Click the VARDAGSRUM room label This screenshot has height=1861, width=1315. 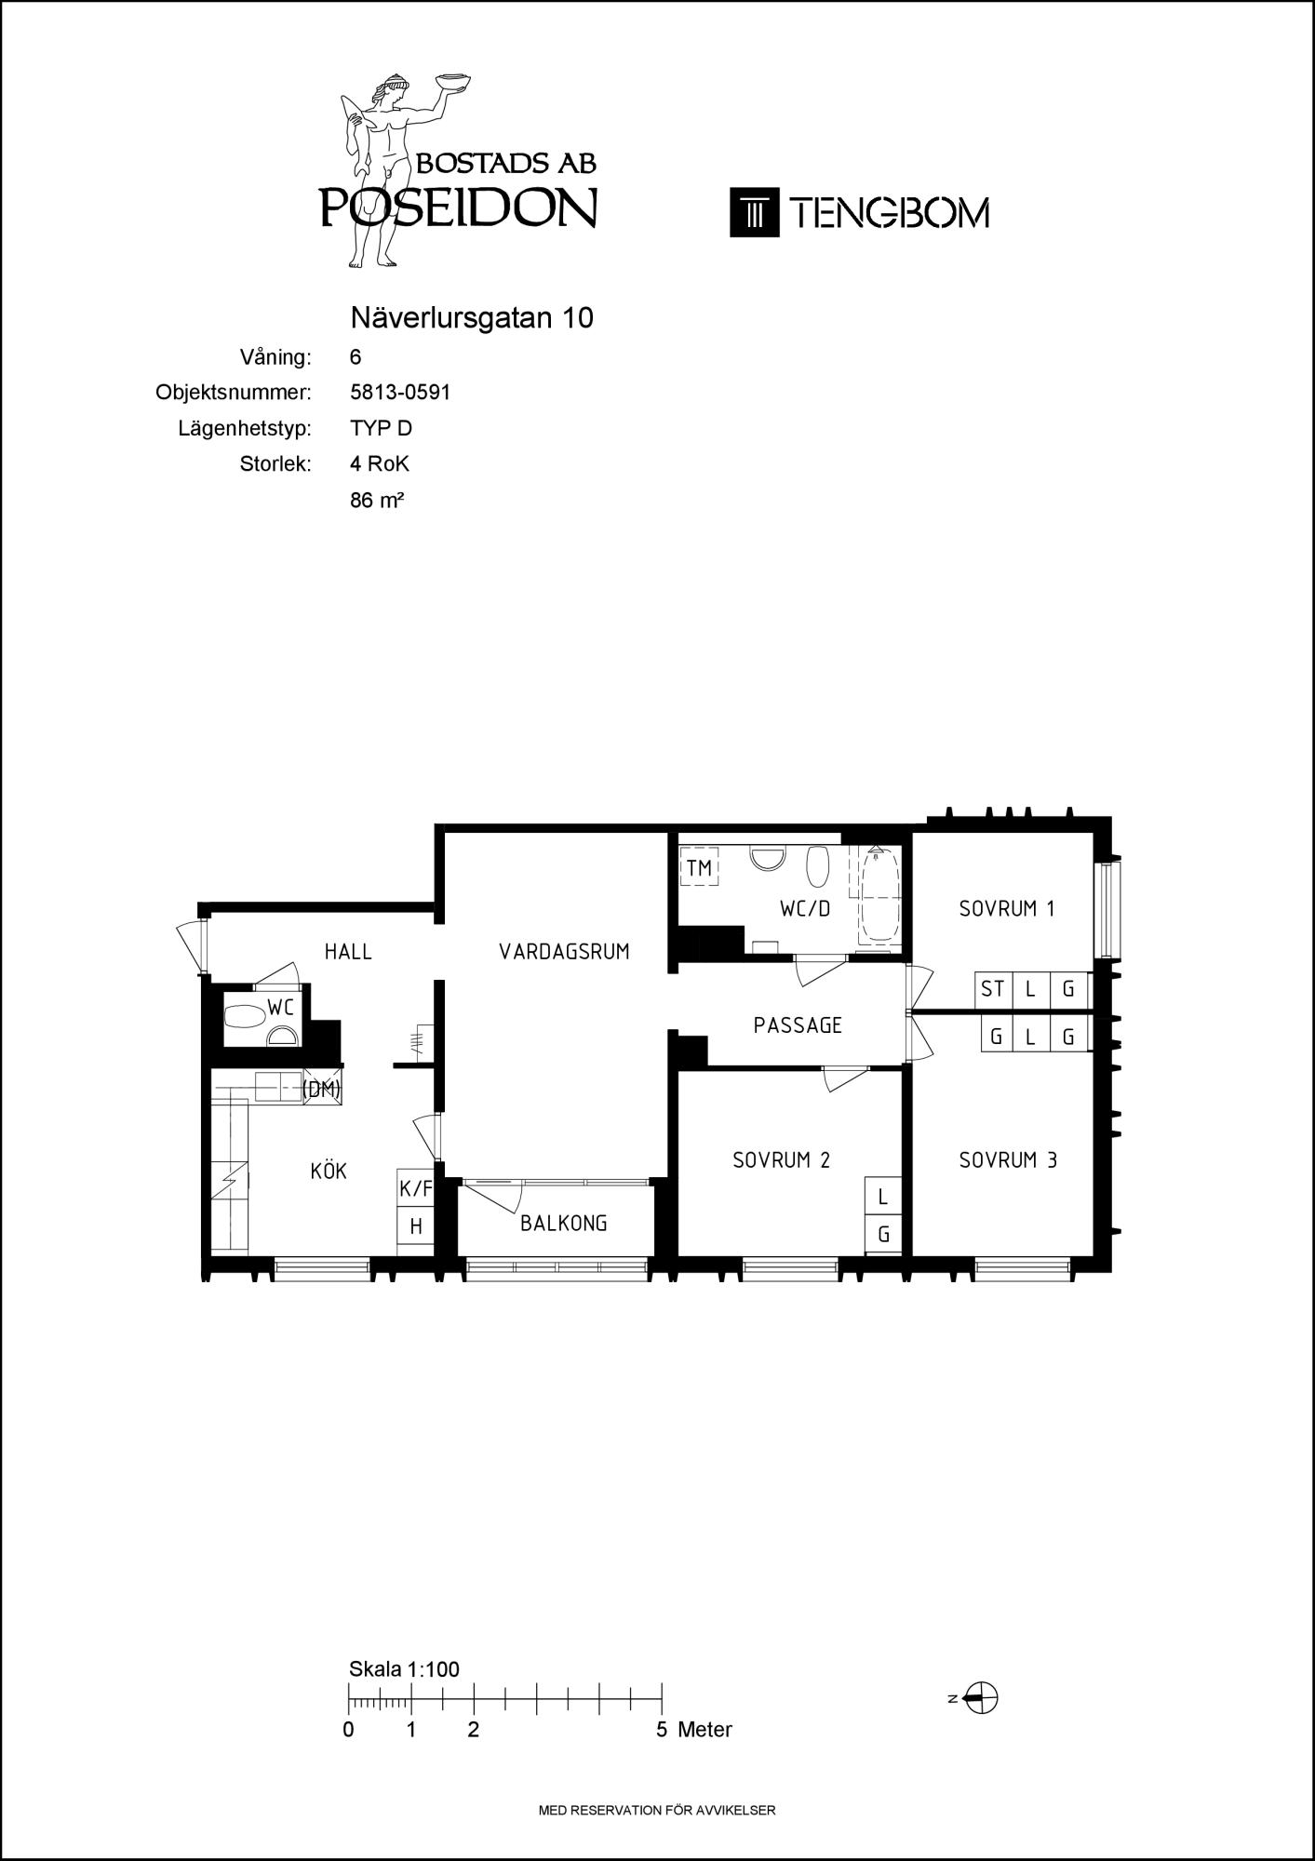pyautogui.click(x=564, y=951)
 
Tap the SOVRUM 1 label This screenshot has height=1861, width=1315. pyautogui.click(x=1007, y=908)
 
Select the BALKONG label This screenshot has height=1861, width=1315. pyautogui.click(x=564, y=1224)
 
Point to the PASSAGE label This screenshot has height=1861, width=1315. pyautogui.click(x=798, y=1025)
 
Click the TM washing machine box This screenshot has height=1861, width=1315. pyautogui.click(x=699, y=868)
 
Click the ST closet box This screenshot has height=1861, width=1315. pyautogui.click(x=993, y=988)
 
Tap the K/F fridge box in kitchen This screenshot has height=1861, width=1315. pyautogui.click(x=416, y=1188)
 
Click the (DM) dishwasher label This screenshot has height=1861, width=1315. pyautogui.click(x=322, y=1089)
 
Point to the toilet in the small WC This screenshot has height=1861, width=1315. pyautogui.click(x=245, y=1014)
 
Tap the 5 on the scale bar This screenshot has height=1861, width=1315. pyautogui.click(x=662, y=1730)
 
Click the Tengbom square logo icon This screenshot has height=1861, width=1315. pyautogui.click(x=755, y=213)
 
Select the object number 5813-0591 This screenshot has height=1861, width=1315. pyautogui.click(x=400, y=393)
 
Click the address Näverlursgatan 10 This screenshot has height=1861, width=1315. pyautogui.click(x=472, y=318)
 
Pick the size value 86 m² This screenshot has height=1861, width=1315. pyautogui.click(x=377, y=500)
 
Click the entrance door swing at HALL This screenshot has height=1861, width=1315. pyautogui.click(x=191, y=947)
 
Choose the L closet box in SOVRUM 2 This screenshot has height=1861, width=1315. pyautogui.click(x=883, y=1197)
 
